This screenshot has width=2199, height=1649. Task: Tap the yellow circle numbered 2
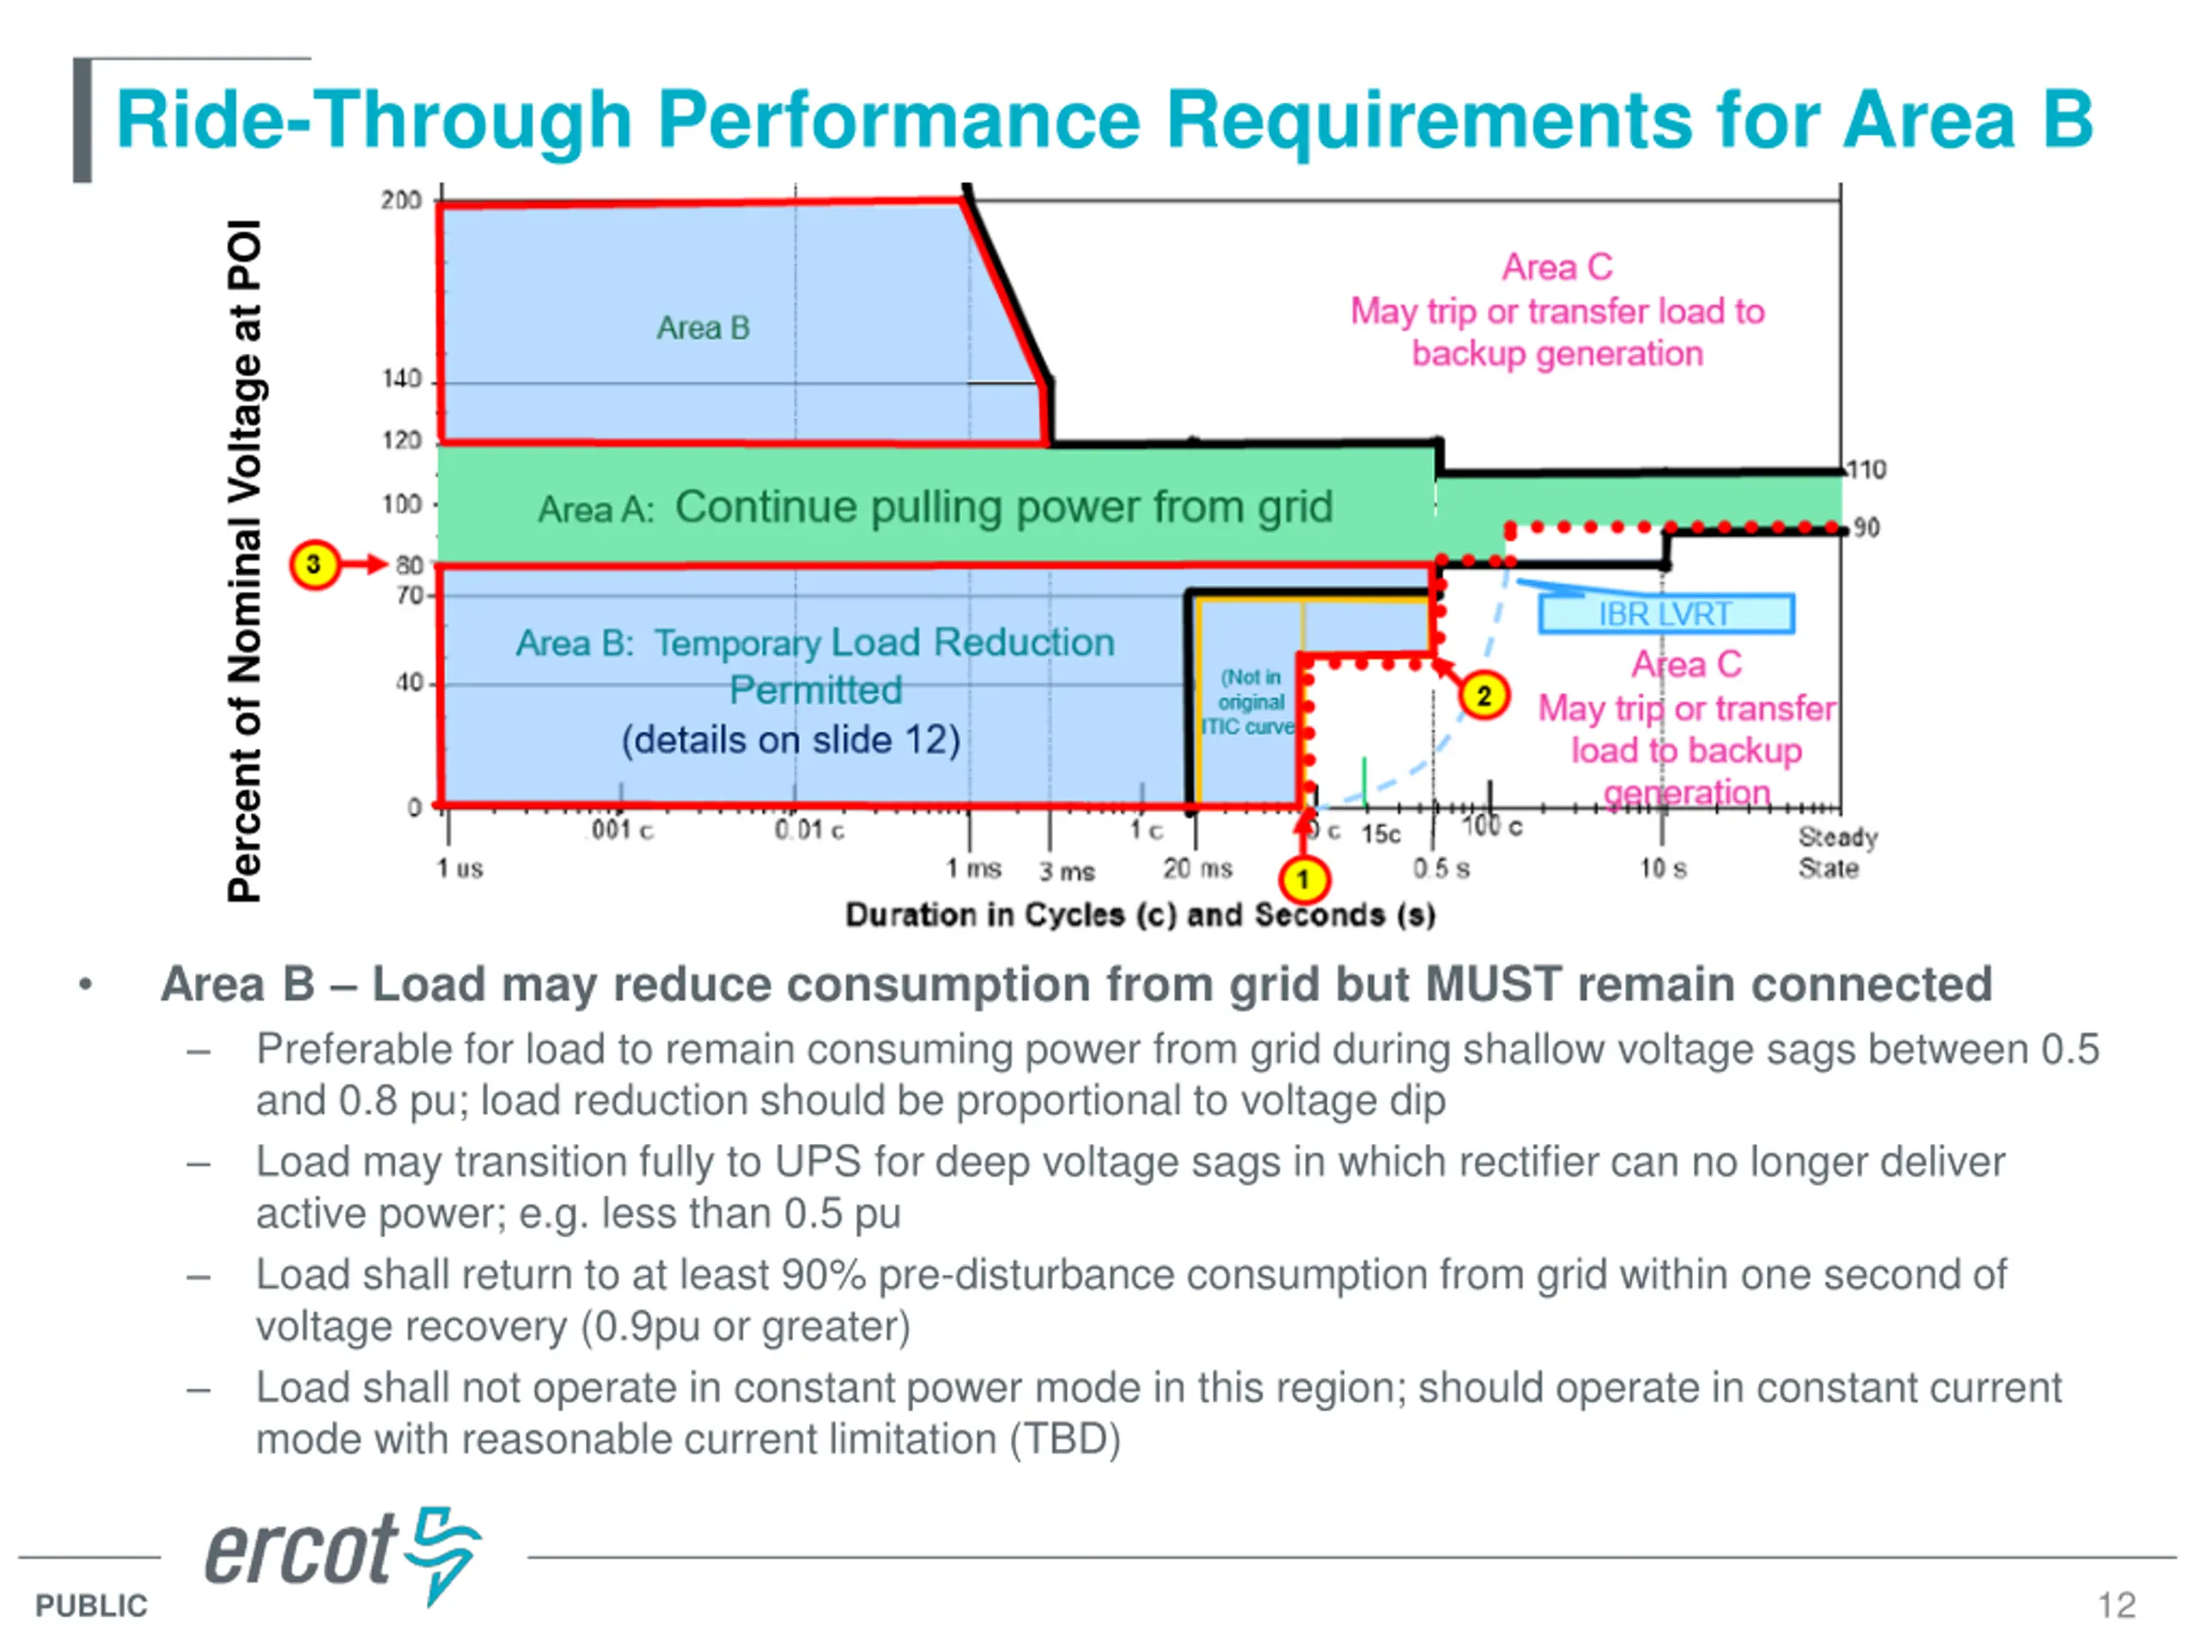[1483, 696]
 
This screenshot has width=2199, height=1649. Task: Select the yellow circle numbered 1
[1303, 879]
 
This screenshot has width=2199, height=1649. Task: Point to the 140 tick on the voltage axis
[402, 380]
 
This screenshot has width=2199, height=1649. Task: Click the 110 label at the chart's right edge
[1866, 470]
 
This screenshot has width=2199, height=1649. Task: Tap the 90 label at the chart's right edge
[1866, 528]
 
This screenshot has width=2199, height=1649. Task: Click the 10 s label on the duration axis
[1663, 869]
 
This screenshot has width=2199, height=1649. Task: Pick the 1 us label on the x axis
[460, 869]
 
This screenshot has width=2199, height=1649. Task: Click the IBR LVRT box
[1666, 614]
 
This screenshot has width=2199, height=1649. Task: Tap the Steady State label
[1837, 853]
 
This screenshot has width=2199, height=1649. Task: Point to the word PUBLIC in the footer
[91, 1605]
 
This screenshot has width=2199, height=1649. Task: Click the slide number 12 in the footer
[2117, 1605]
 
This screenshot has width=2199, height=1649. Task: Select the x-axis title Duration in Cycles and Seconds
[1140, 915]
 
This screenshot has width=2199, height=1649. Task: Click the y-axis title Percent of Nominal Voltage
[245, 561]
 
